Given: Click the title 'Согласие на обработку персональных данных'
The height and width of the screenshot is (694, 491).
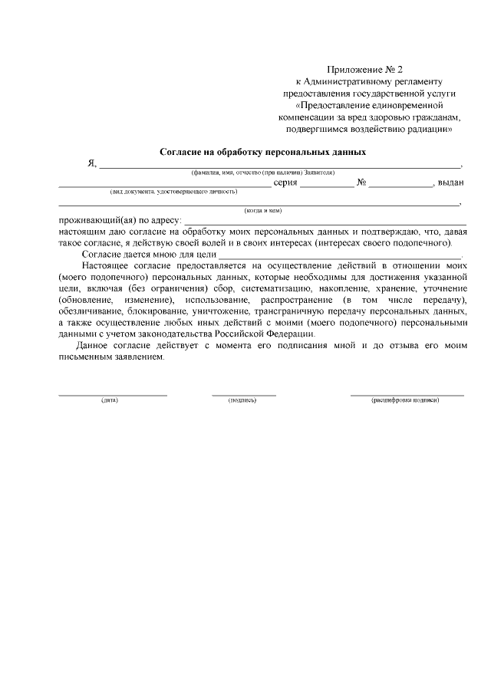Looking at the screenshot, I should pos(262,152).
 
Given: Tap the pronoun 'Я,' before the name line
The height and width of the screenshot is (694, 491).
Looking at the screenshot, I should pos(92,164).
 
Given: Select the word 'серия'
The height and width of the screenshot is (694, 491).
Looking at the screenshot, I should pos(285,183).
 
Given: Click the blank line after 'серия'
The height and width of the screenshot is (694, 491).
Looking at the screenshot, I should pos(327,186).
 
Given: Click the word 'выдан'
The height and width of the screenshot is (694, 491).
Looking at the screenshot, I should pos(450,183).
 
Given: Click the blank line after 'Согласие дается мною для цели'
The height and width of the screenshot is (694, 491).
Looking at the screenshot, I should pos(341,256).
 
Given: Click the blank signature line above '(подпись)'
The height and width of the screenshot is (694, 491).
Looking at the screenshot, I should pos(244,394).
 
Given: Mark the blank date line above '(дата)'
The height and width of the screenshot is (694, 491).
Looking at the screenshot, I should pos(113,394).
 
